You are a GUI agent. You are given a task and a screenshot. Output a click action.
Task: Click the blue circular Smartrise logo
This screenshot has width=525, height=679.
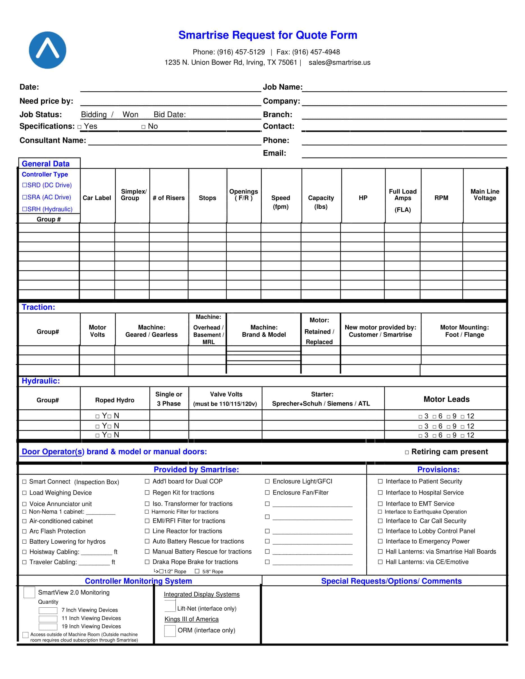click(47, 50)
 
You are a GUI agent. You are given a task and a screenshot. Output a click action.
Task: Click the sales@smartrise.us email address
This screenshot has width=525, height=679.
click(339, 63)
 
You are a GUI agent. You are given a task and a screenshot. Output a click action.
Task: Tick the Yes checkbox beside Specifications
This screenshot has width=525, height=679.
click(79, 127)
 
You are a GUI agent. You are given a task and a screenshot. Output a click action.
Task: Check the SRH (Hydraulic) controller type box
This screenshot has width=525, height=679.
click(24, 209)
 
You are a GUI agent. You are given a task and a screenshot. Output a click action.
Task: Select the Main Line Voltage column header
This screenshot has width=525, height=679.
click(484, 195)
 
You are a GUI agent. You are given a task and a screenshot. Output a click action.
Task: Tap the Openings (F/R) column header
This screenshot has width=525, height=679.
click(243, 195)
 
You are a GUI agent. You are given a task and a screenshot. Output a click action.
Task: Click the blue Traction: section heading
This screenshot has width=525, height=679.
click(38, 307)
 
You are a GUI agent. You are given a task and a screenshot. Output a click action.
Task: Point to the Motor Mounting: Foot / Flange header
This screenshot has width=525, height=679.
click(464, 331)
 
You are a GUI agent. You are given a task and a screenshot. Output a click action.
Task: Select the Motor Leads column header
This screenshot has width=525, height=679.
click(446, 399)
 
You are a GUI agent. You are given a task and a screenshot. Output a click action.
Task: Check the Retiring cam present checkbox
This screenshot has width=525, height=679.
click(407, 452)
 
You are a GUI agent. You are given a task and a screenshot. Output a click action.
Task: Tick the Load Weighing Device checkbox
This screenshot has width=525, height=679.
click(24, 493)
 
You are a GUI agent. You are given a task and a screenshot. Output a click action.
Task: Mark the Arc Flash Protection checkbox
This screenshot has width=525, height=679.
click(24, 531)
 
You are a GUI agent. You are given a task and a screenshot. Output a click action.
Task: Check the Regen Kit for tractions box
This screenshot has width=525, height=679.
click(147, 493)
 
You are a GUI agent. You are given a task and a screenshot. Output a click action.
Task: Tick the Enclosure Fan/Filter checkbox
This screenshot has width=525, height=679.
click(267, 493)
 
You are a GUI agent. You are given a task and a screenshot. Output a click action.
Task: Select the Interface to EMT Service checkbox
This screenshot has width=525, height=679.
click(380, 504)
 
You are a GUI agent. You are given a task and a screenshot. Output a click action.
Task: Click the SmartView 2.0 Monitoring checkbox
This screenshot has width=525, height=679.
click(29, 593)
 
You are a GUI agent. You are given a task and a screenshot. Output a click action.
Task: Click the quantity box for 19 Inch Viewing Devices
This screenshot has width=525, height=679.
click(48, 627)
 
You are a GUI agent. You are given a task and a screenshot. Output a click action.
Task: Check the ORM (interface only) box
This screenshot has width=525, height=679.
click(170, 631)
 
